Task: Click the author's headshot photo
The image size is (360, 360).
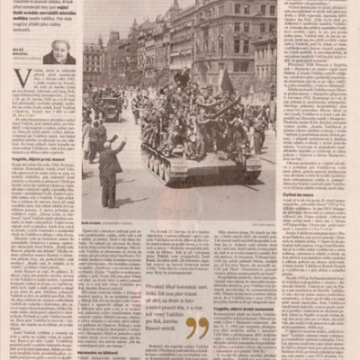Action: point(58,51)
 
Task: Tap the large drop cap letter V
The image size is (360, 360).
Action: point(22,78)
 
